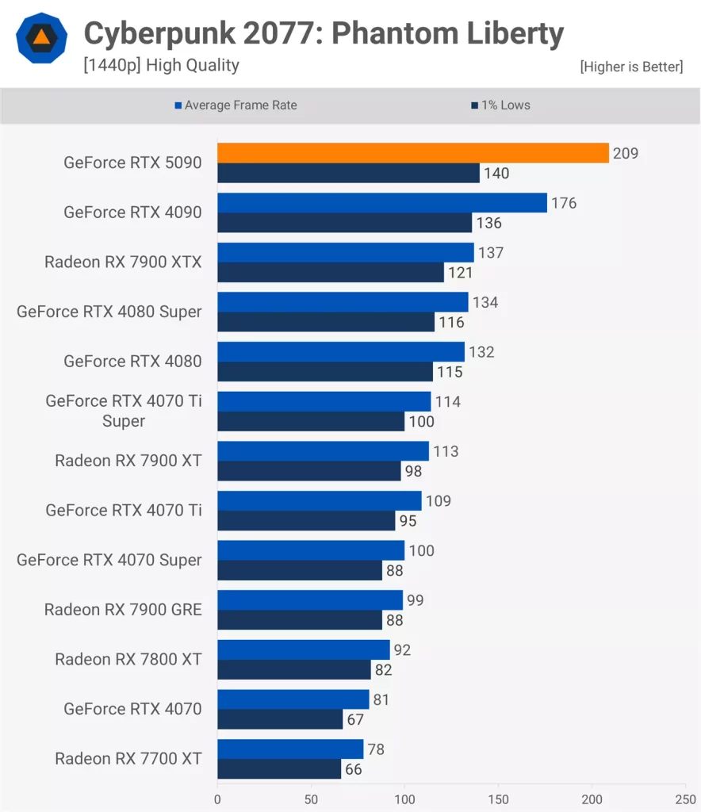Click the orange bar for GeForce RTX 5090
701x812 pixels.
tap(412, 153)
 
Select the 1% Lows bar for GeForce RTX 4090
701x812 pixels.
tap(344, 223)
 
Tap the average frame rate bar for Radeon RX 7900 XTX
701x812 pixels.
tap(345, 253)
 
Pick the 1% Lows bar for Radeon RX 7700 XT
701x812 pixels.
tap(279, 769)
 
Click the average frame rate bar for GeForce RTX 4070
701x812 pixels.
tap(293, 699)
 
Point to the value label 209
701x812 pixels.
tap(626, 153)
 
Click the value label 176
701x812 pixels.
tap(564, 203)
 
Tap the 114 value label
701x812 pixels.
tap(448, 401)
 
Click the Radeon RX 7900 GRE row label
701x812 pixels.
tap(123, 610)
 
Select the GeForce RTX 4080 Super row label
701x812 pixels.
tap(109, 312)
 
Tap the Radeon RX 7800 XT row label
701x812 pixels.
tap(128, 659)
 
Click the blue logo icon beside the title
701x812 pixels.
tap(43, 37)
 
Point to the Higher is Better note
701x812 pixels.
tap(630, 67)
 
